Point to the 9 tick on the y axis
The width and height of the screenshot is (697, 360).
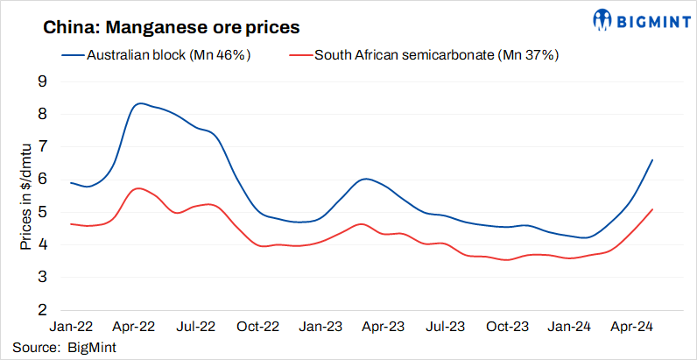[x=42, y=81]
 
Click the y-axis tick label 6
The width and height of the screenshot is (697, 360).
[x=42, y=180]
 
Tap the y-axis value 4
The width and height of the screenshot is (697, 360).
[x=42, y=244]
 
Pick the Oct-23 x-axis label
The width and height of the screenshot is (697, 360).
[x=509, y=327]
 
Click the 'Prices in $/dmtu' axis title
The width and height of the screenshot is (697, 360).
[x=25, y=196]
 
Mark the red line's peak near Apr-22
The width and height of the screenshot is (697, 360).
[x=137, y=188]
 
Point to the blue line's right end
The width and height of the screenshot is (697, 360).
[x=652, y=160]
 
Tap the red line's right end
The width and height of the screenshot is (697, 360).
[x=652, y=209]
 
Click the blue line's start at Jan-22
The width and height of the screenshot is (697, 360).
[x=70, y=182]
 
